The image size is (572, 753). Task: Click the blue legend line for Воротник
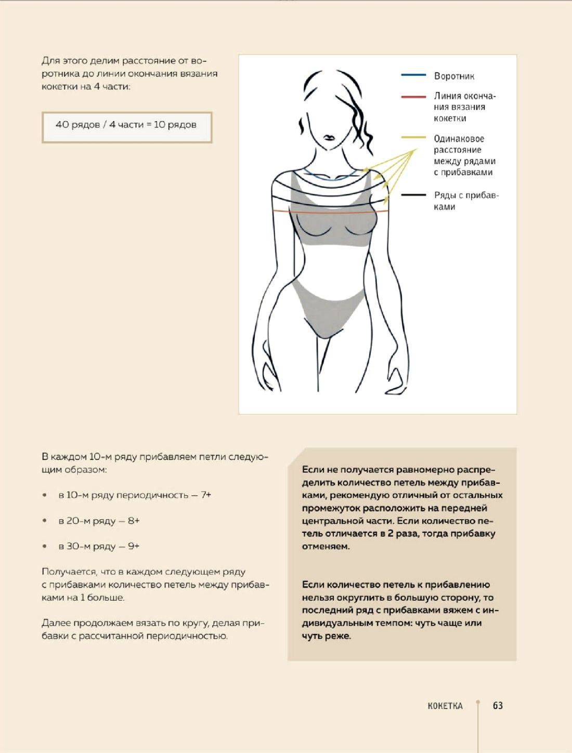pos(413,75)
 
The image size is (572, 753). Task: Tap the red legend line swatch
pos(413,97)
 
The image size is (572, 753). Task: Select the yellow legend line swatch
pos(413,138)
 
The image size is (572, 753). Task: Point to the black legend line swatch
pos(413,195)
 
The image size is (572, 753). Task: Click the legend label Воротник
pos(454,76)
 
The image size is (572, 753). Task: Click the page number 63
pos(498,705)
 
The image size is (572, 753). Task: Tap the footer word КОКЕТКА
pos(445,706)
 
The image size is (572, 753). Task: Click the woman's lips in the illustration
pos(329,138)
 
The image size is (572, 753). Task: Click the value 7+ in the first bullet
pos(206,495)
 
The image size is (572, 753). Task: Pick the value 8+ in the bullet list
pos(134,521)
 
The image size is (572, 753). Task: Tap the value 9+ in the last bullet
pos(134,546)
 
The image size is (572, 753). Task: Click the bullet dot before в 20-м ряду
pos(45,521)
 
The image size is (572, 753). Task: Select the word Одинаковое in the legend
pos(459,139)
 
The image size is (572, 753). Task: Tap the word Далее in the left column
pos(56,623)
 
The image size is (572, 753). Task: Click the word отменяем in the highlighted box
pos(325,547)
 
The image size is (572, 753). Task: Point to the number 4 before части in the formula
pos(112,125)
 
